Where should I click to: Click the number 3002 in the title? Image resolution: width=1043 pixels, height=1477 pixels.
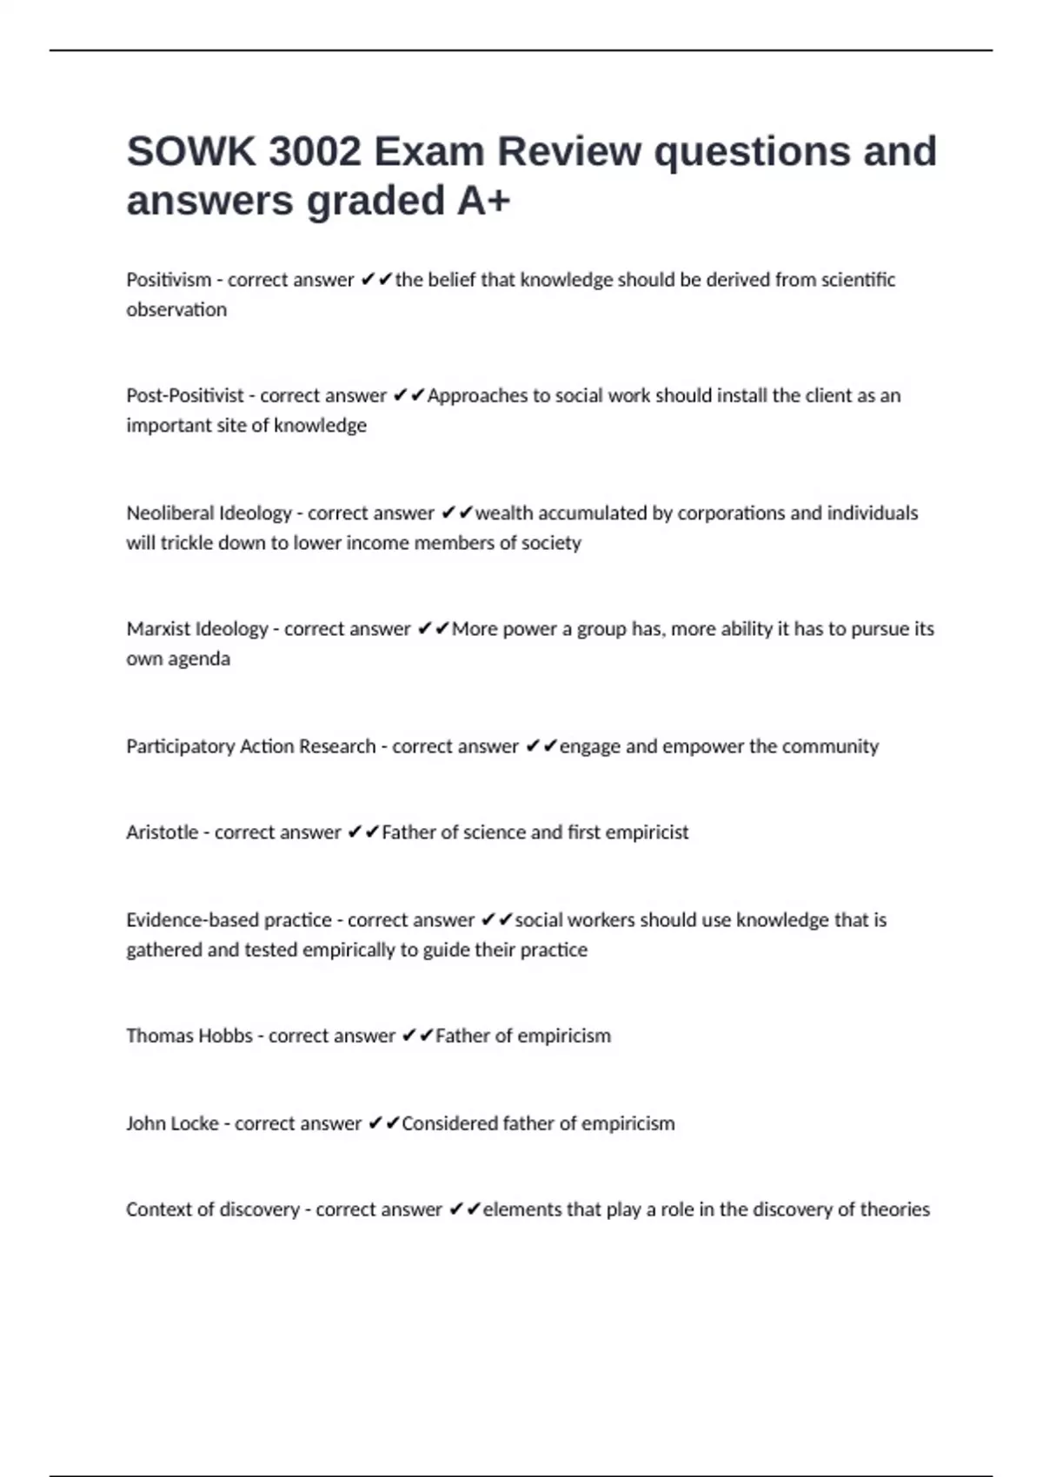tap(315, 152)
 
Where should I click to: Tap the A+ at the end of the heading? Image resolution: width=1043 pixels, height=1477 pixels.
tap(483, 201)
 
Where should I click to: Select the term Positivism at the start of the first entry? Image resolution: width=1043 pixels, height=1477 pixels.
tap(169, 280)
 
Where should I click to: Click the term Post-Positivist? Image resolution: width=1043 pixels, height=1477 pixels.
tap(185, 395)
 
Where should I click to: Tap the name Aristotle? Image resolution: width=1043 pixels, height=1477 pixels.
tap(162, 832)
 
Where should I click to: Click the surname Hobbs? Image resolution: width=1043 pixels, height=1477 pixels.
tap(226, 1036)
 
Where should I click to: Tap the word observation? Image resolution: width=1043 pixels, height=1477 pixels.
tap(176, 310)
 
